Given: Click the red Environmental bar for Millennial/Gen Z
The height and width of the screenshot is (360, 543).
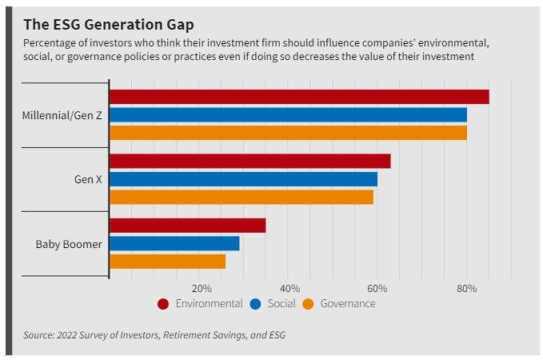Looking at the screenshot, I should coord(298,97).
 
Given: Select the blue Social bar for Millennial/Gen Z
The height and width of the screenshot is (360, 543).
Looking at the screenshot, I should coord(288,114).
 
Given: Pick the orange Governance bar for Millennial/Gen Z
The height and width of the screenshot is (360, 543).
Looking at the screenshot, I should coord(288,132).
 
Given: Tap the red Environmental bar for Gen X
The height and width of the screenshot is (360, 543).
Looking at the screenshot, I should coord(250,161).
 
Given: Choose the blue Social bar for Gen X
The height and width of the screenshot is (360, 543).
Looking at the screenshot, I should coord(243,178).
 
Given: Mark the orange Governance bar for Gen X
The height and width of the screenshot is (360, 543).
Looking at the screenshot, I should coord(241,197).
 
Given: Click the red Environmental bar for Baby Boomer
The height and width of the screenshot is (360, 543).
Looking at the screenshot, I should coord(187,226).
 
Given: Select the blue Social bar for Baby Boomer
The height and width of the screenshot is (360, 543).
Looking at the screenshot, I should coord(174,243).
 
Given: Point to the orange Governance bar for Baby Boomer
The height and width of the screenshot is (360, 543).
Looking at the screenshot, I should coord(167,261).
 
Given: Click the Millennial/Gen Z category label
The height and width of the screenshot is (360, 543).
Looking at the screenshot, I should coord(62,114).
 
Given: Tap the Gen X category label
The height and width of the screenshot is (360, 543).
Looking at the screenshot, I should coord(87,179).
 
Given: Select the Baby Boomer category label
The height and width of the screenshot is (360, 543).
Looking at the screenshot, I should coord(69,243).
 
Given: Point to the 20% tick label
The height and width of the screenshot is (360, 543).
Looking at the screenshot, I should coord(202,288).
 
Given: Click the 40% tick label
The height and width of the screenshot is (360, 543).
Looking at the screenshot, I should coord(290,288).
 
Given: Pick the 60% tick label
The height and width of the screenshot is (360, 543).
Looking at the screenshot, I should coord(378,288).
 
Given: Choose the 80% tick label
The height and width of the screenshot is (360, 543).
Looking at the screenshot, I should coord(467,288).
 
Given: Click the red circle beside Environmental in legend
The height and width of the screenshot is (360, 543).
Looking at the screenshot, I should coord(164,304).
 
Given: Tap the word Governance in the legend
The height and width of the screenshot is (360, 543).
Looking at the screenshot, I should coord(347,304).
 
